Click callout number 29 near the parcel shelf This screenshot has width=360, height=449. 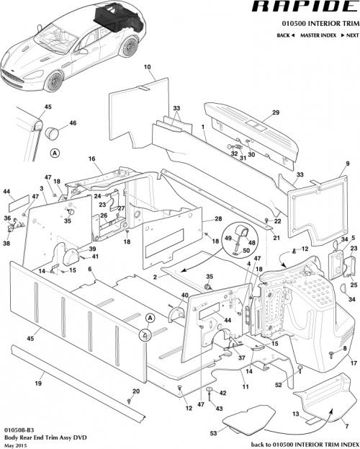point(274,112)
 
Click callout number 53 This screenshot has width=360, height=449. point(212,433)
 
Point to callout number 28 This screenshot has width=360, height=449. point(217,219)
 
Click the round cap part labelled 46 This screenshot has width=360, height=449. point(52,133)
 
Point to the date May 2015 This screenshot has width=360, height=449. point(14,444)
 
